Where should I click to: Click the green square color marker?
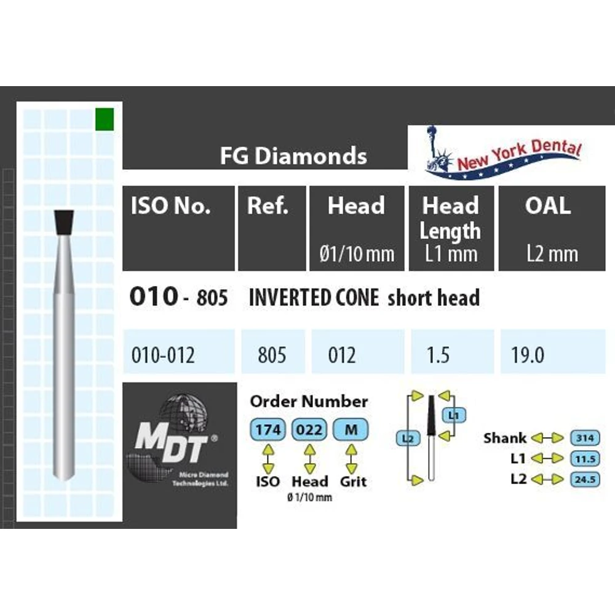pyautogui.click(x=104, y=118)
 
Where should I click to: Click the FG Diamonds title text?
pyautogui.click(x=293, y=156)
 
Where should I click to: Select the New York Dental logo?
pyautogui.click(x=503, y=154)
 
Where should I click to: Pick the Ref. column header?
pyautogui.click(x=268, y=205)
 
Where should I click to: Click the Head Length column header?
pyautogui.click(x=451, y=219)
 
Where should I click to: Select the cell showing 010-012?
pyautogui.click(x=163, y=355)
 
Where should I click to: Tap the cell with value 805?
pyautogui.click(x=272, y=355)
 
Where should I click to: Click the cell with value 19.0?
pyautogui.click(x=528, y=355)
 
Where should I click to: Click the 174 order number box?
pyautogui.click(x=268, y=430)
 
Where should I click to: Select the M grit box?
pyautogui.click(x=351, y=430)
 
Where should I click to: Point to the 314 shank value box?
pyautogui.click(x=585, y=438)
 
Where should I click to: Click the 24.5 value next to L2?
pyautogui.click(x=585, y=479)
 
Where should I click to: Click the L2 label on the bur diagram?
pyautogui.click(x=407, y=438)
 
